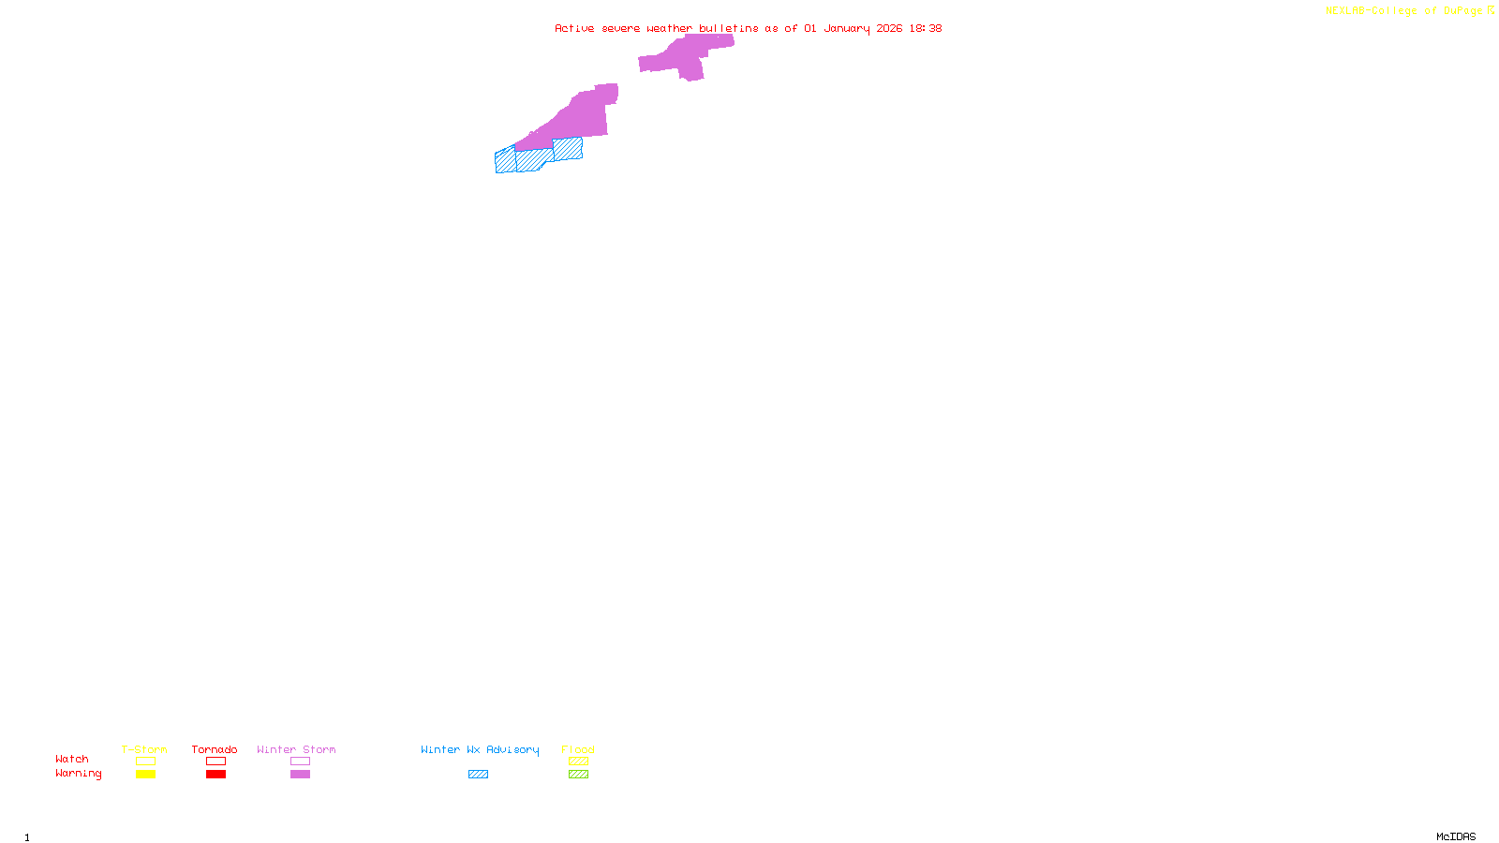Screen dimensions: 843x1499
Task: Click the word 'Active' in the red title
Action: tap(574, 28)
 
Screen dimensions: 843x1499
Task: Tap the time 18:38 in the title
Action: tap(925, 28)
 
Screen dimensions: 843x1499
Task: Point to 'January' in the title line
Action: tap(847, 28)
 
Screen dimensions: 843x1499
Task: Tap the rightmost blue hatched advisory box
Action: tap(568, 149)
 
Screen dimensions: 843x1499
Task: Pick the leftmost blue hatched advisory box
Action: tap(505, 161)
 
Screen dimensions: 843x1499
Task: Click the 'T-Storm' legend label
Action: tap(144, 749)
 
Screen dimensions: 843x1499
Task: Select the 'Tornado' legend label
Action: tap(215, 749)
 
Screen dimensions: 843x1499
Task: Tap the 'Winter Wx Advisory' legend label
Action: tap(480, 749)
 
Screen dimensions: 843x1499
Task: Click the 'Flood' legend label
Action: tap(578, 749)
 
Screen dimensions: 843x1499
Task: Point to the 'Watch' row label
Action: tap(72, 759)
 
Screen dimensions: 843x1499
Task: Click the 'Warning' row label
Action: tap(78, 774)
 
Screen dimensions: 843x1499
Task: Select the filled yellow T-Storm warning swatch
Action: tap(145, 775)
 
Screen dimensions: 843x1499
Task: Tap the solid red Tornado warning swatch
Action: tap(215, 775)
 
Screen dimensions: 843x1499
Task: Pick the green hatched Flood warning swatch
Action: tap(578, 775)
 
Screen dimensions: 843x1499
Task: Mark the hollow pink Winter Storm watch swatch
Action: tap(300, 762)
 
